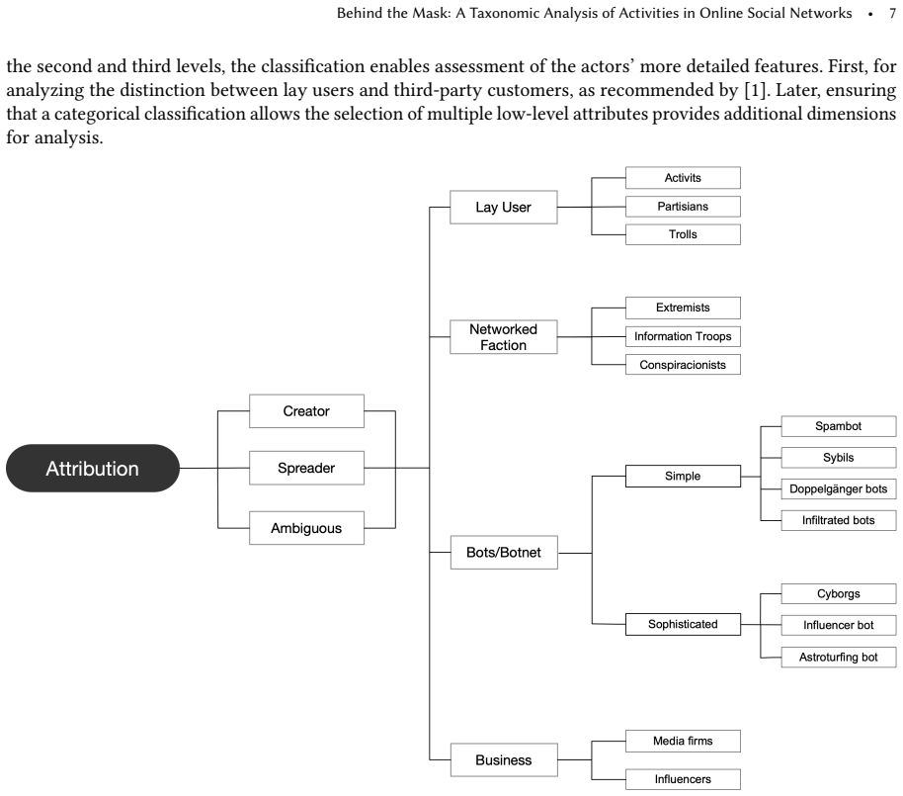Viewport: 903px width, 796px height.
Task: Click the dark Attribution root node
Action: click(x=93, y=468)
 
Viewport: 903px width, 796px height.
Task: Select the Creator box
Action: click(x=306, y=411)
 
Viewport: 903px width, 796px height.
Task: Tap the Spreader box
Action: click(x=306, y=468)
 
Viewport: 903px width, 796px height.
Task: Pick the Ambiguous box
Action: click(x=306, y=528)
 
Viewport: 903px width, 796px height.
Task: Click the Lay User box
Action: click(x=503, y=207)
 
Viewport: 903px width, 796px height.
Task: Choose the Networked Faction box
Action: click(x=503, y=337)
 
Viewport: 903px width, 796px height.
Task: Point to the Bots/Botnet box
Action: click(x=504, y=552)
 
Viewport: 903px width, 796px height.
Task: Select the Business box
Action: click(x=504, y=759)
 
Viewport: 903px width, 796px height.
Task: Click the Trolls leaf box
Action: click(x=683, y=234)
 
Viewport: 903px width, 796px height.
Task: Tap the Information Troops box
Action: click(x=683, y=336)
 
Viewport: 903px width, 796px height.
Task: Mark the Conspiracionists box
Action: click(x=683, y=365)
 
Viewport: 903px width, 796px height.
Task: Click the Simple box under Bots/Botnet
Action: click(x=683, y=476)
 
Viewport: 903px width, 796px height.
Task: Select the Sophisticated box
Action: click(x=683, y=624)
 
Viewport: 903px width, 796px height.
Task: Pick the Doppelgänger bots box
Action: click(x=839, y=488)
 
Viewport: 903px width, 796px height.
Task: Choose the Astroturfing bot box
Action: click(x=839, y=658)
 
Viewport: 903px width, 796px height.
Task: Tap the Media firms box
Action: click(x=683, y=742)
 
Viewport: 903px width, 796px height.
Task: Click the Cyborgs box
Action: click(x=839, y=593)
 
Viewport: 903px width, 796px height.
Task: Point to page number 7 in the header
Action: click(x=892, y=13)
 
